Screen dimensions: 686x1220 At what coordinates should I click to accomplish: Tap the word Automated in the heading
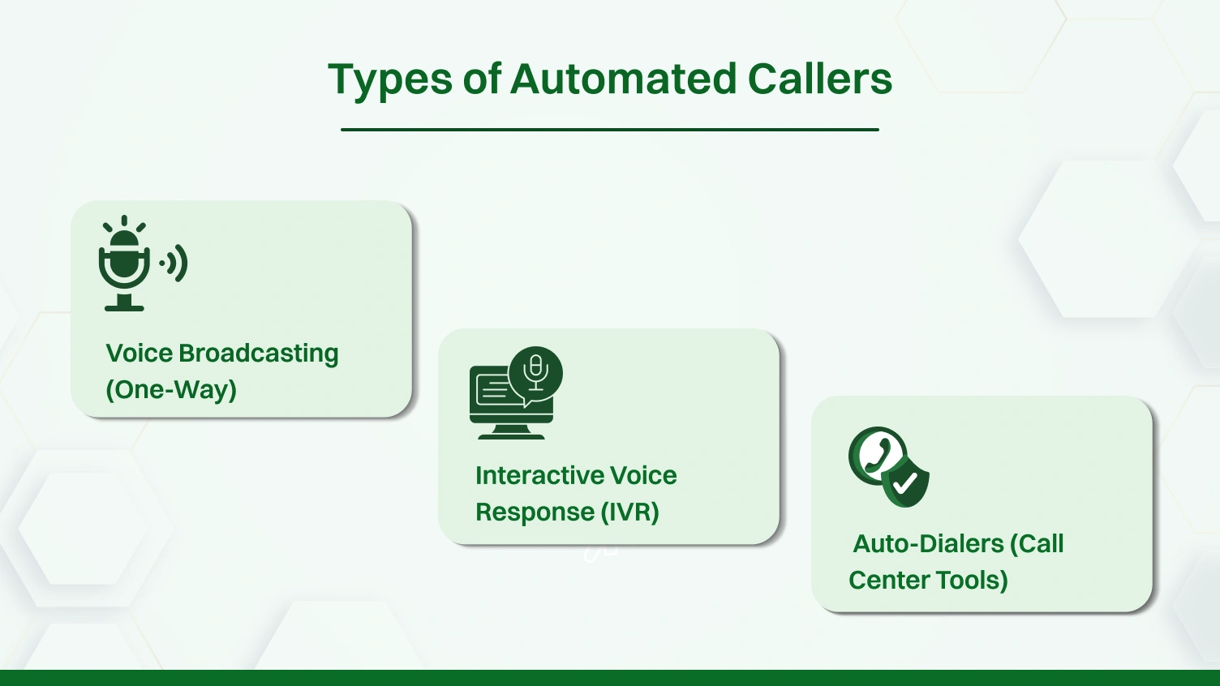pyautogui.click(x=623, y=79)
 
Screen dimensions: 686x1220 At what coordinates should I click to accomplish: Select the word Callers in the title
pyautogui.click(x=819, y=79)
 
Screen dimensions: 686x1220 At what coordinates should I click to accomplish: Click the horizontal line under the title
pyautogui.click(x=609, y=129)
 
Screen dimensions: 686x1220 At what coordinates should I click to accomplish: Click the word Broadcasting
pyautogui.click(x=258, y=354)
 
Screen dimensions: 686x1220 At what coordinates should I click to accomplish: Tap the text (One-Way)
pyautogui.click(x=171, y=390)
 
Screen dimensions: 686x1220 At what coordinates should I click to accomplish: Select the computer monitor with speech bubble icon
pyautogui.click(x=514, y=393)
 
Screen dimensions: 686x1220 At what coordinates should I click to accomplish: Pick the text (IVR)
pyautogui.click(x=629, y=512)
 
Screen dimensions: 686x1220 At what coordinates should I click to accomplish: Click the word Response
pyautogui.click(x=535, y=512)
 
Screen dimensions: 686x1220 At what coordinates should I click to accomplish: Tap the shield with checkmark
pyautogui.click(x=906, y=482)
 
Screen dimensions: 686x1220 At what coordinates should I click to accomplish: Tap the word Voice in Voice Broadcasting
pyautogui.click(x=139, y=354)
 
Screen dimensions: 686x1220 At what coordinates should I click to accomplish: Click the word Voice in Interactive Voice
pyautogui.click(x=642, y=475)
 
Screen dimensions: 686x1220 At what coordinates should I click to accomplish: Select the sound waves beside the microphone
pyautogui.click(x=175, y=264)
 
